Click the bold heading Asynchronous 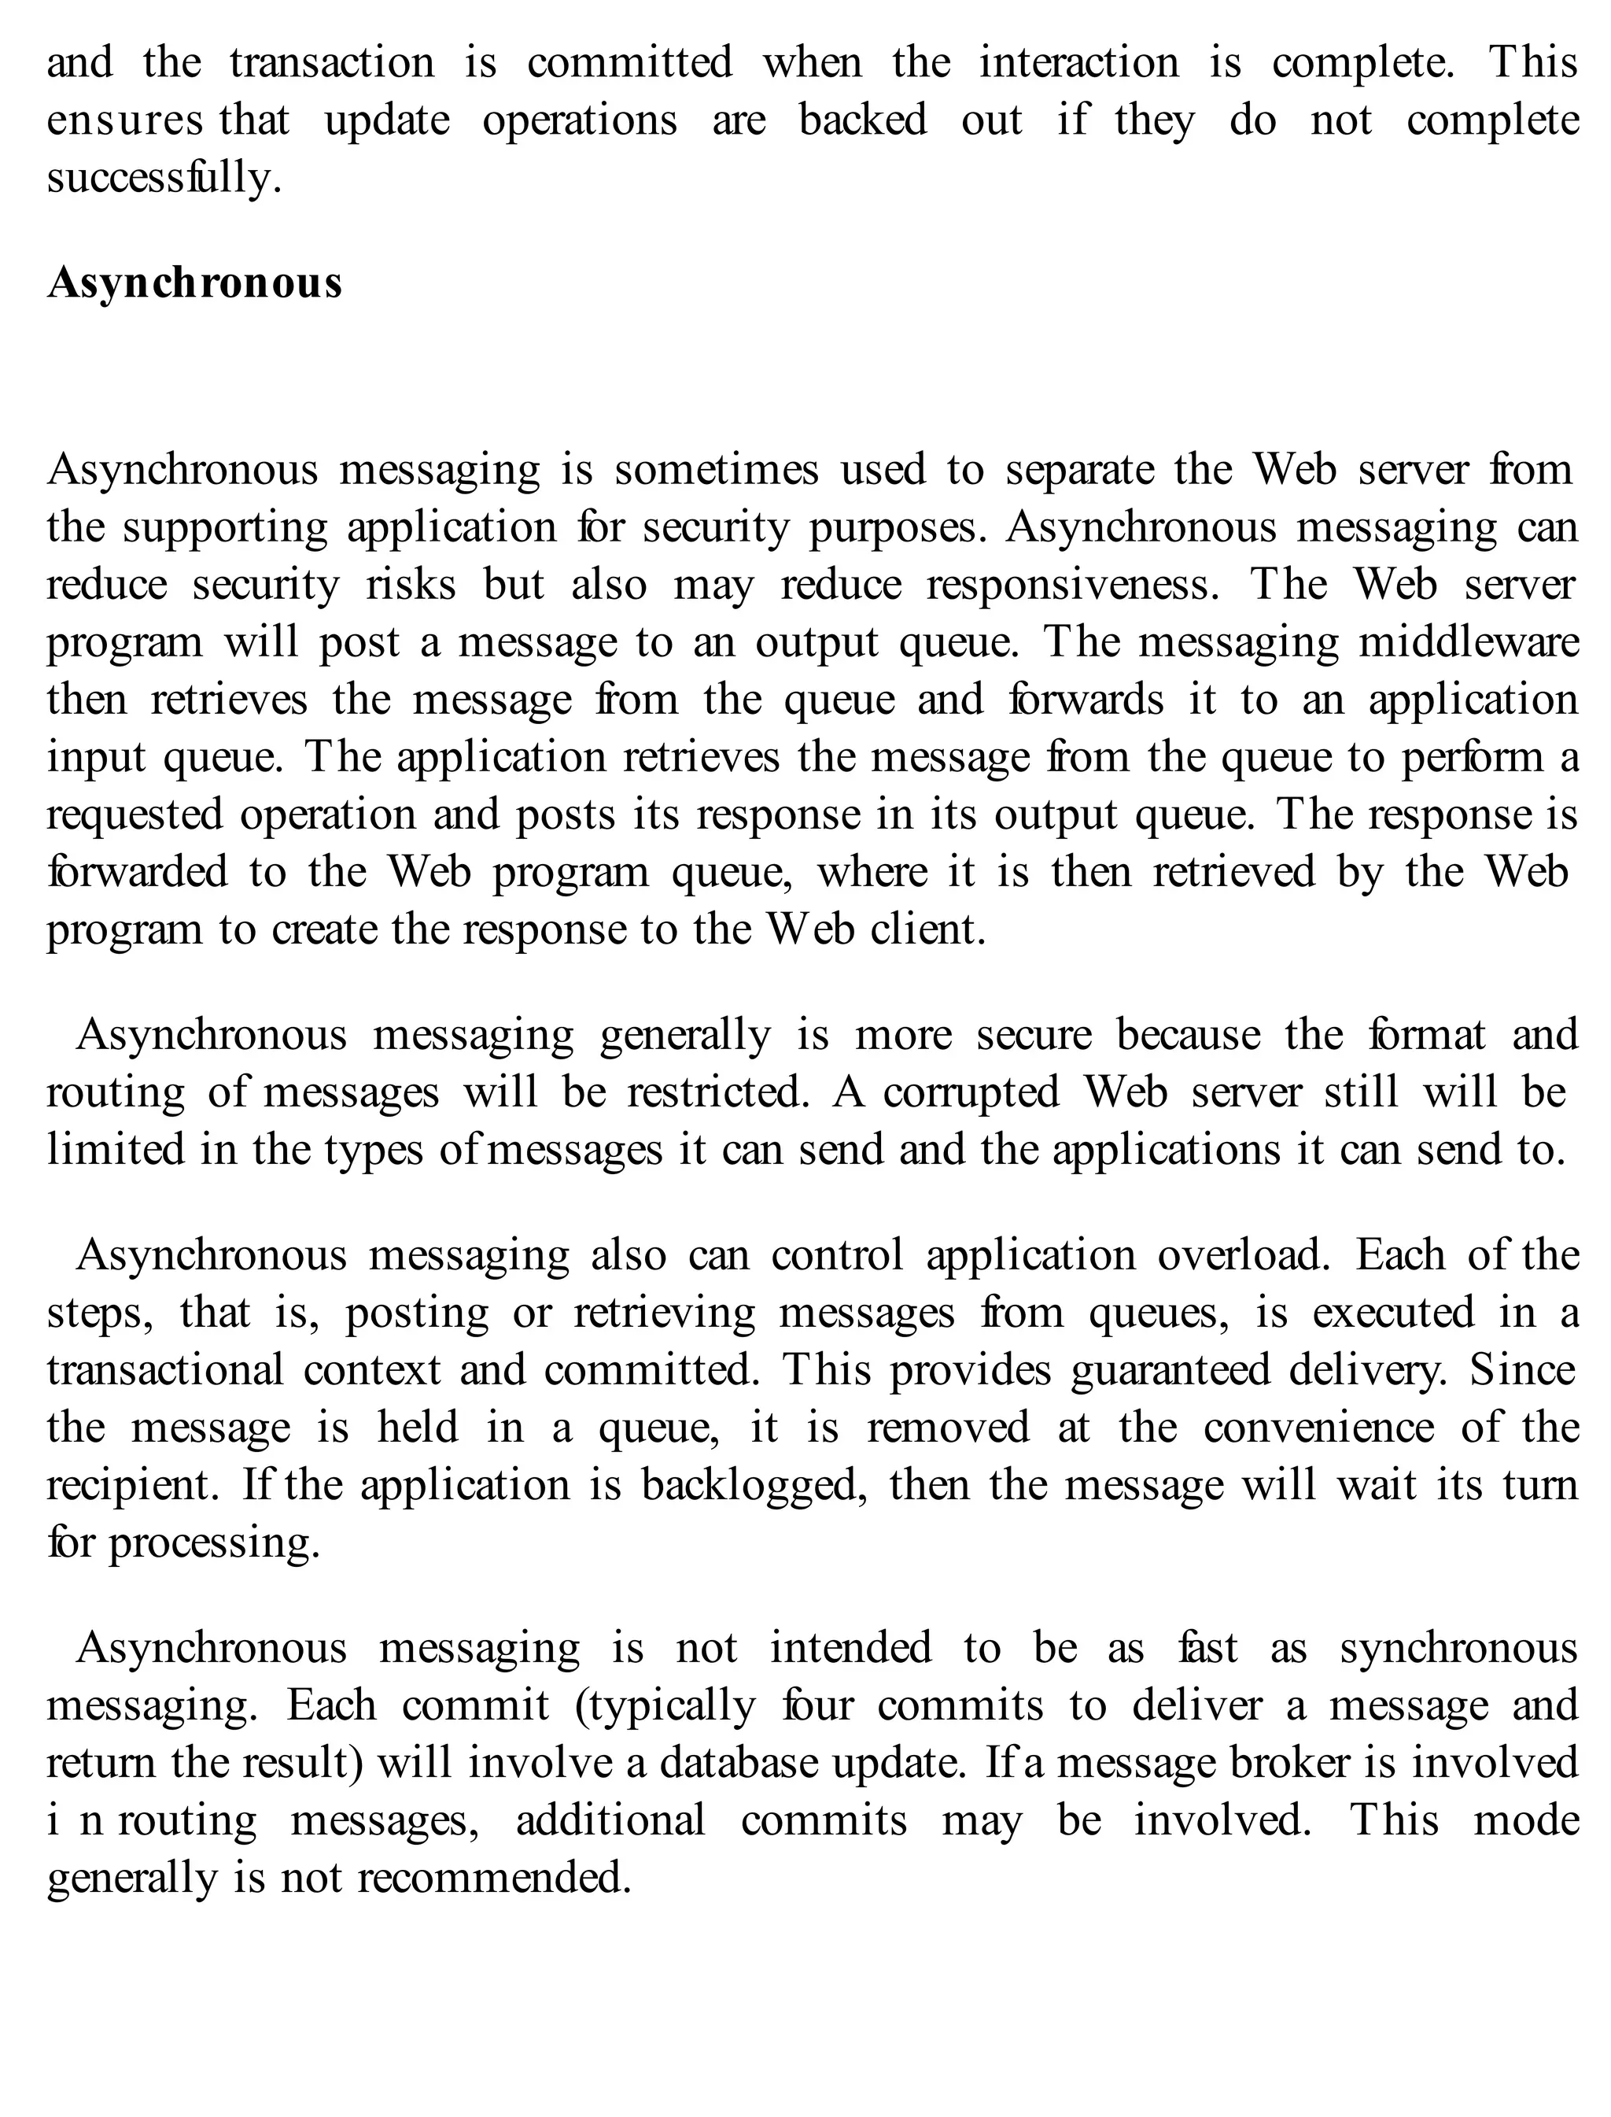click(x=194, y=283)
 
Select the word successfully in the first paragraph click(x=164, y=179)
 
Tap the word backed click(x=862, y=121)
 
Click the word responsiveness click(x=1072, y=585)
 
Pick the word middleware click(x=1468, y=643)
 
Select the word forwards click(x=1086, y=700)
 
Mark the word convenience click(x=1318, y=1428)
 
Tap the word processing click(x=213, y=1543)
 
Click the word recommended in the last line click(x=494, y=1879)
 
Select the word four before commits click(x=817, y=1706)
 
